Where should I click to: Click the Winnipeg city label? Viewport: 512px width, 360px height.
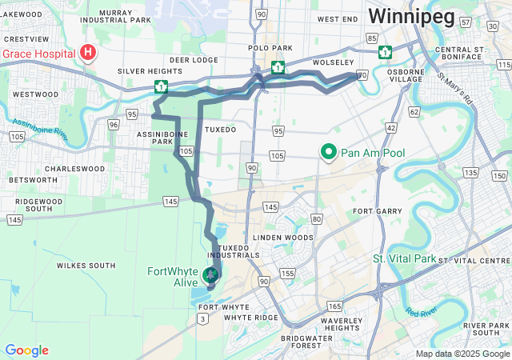[411, 16]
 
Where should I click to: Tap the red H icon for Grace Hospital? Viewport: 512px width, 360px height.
[88, 54]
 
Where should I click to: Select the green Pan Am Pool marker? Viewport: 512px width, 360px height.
[328, 152]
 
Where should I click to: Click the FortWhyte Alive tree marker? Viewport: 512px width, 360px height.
[210, 276]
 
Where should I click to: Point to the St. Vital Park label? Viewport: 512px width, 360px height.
[404, 258]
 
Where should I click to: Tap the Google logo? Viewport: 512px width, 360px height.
[26, 350]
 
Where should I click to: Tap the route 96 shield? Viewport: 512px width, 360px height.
[114, 124]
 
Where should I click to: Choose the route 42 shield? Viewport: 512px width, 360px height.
[391, 127]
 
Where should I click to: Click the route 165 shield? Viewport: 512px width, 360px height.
[334, 306]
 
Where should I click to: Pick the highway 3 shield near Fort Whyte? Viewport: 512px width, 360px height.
[204, 319]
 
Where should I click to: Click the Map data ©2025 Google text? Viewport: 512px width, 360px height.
[462, 354]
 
